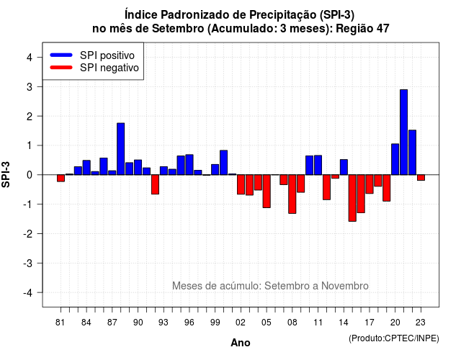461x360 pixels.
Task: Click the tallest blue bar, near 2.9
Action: (x=403, y=132)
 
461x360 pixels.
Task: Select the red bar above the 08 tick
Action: (x=292, y=194)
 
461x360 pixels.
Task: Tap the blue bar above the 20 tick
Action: (x=395, y=159)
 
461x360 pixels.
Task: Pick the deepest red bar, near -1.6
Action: (x=352, y=198)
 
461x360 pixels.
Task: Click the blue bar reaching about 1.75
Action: (x=120, y=149)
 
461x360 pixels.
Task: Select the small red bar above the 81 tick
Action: (x=61, y=178)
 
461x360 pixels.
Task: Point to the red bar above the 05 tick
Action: (x=267, y=192)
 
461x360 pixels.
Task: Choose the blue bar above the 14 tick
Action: (x=344, y=167)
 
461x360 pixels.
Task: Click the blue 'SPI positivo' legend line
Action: (x=61, y=55)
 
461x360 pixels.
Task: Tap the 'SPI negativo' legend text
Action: (x=109, y=68)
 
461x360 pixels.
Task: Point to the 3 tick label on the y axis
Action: (x=30, y=86)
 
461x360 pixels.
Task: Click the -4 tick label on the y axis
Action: (x=28, y=293)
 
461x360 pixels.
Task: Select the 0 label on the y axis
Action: (x=30, y=175)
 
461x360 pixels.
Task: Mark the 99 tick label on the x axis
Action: (x=215, y=323)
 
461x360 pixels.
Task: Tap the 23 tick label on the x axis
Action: (x=421, y=323)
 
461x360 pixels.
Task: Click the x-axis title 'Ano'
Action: (x=240, y=343)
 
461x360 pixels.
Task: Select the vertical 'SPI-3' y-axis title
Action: (x=6, y=175)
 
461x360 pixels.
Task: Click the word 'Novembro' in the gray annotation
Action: (x=344, y=286)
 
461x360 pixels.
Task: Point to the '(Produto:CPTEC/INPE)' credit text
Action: (x=394, y=338)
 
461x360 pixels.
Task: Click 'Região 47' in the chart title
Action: (x=362, y=29)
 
